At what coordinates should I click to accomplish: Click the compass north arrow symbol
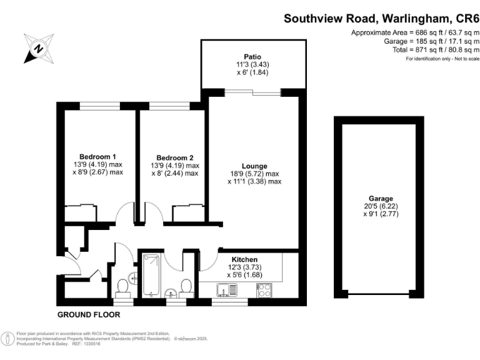coord(38,47)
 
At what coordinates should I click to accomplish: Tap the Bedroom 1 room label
coord(97,156)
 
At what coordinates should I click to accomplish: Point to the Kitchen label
coord(244,259)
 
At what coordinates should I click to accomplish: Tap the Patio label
coord(252,55)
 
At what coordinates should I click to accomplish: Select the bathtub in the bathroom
coord(151,275)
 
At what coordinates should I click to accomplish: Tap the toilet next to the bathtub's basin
coord(185,286)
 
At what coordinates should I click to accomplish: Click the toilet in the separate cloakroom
coord(122,286)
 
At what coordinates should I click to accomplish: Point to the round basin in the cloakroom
coord(133,277)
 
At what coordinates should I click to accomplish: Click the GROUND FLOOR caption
coord(88,314)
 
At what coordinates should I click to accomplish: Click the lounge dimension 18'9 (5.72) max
coord(254,174)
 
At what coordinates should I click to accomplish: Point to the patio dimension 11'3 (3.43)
coord(252,64)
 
